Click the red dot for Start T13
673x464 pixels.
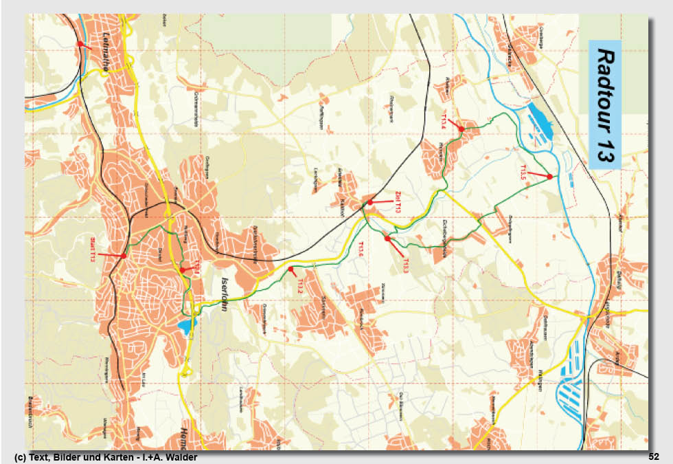[x=123, y=256]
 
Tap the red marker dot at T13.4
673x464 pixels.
[x=461, y=129]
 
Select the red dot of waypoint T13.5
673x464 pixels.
[x=550, y=177]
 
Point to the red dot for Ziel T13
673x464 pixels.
[x=370, y=203]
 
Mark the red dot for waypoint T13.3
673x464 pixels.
[x=387, y=239]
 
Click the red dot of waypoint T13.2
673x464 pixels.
[x=290, y=269]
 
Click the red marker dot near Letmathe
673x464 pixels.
[x=80, y=44]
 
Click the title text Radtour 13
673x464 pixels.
[x=604, y=104]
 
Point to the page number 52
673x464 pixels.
[x=653, y=456]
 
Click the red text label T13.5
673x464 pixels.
[x=523, y=174]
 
